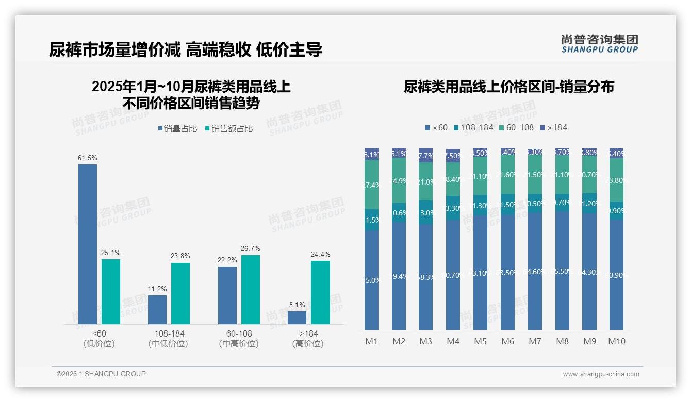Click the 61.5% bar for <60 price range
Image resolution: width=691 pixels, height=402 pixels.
tap(88, 244)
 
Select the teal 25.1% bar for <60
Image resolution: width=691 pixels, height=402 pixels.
tap(111, 292)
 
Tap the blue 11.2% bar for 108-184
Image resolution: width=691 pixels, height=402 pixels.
tap(157, 310)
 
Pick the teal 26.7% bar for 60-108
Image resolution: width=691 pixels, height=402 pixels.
tap(251, 290)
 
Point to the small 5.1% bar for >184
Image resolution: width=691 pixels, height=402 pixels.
tap(297, 317)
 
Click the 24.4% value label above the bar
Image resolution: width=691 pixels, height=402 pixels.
tap(320, 254)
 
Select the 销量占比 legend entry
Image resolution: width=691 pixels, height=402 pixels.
tap(177, 129)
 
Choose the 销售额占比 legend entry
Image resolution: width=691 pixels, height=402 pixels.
tap(229, 129)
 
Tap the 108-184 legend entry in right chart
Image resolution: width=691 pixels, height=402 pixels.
tap(473, 127)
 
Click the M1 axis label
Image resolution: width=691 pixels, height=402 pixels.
tap(372, 341)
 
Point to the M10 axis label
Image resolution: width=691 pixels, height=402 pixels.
tap(617, 341)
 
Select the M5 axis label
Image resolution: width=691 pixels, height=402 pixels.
tap(480, 341)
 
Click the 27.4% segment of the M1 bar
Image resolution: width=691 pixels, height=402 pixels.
tap(372, 185)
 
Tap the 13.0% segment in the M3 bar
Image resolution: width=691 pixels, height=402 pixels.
tap(426, 212)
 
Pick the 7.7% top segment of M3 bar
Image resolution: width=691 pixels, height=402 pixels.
tap(426, 155)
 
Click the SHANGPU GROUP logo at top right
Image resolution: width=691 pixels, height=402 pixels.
tap(600, 44)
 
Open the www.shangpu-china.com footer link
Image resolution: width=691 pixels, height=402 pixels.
tap(601, 374)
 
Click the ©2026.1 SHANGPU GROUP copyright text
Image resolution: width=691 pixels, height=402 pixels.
tap(101, 374)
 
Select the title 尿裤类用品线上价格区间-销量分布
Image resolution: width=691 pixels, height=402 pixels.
tap(508, 87)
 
